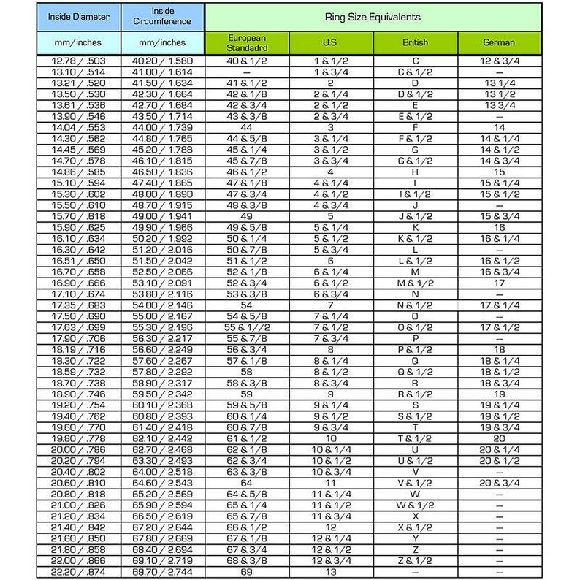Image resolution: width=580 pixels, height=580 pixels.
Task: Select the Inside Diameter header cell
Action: click(78, 15)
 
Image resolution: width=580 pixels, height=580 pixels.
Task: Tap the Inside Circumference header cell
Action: click(162, 15)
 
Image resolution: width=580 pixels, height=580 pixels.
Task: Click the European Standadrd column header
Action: click(247, 42)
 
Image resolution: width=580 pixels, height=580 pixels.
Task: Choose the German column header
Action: click(499, 42)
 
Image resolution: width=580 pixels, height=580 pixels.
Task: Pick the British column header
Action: click(416, 42)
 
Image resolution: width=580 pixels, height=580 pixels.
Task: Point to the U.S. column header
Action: click(331, 42)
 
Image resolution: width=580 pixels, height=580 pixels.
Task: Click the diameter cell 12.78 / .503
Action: click(78, 61)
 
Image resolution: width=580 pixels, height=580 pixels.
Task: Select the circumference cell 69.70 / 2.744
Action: click(162, 572)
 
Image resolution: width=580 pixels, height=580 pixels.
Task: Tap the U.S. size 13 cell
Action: click(331, 572)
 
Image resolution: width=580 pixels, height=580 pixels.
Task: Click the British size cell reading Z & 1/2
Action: click(416, 561)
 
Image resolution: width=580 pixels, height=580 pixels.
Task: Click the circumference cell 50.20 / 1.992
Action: click(162, 239)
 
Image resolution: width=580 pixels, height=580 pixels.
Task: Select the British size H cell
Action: click(416, 172)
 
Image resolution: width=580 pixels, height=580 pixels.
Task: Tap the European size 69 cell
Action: click(247, 572)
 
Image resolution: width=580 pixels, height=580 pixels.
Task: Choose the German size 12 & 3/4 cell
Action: click(499, 61)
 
